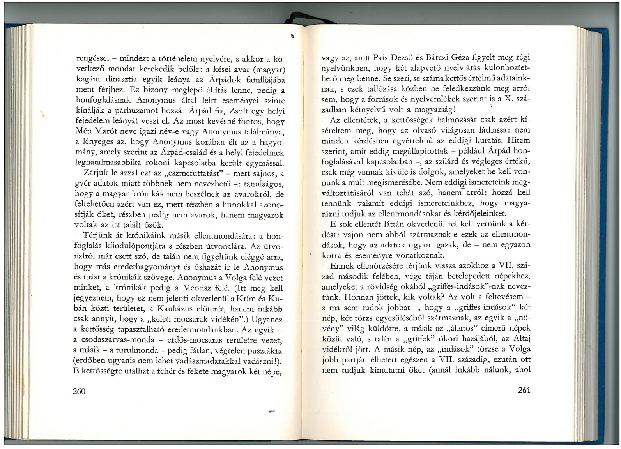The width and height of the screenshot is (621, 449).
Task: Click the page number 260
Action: [79, 391]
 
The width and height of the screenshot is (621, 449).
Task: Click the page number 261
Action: [524, 390]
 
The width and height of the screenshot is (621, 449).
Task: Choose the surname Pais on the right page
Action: [381, 58]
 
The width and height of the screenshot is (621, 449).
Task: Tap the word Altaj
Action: [520, 338]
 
